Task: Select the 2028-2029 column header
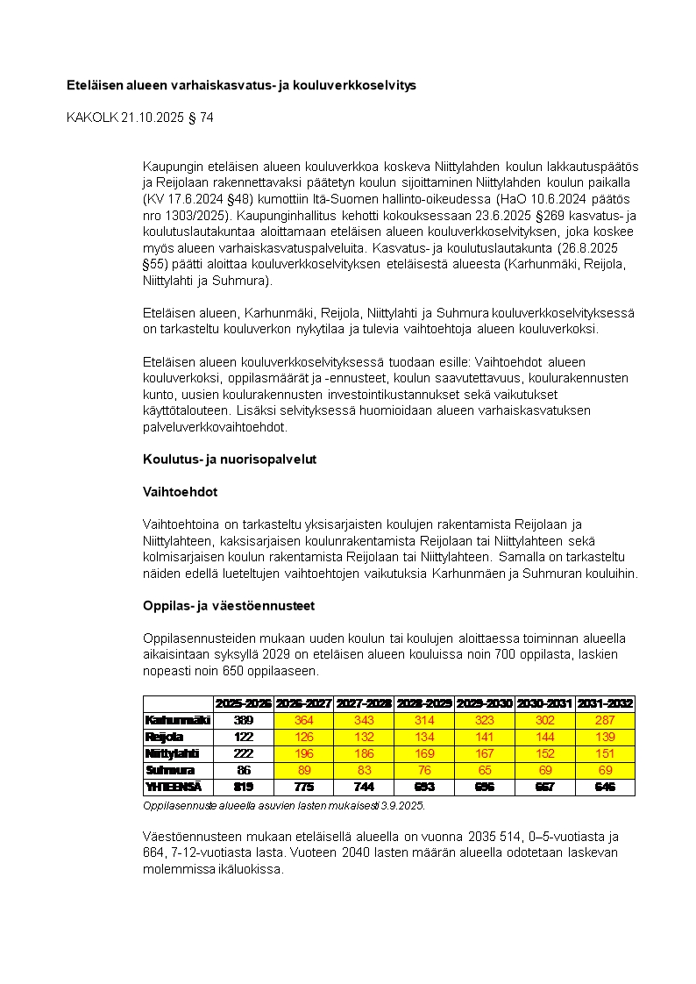pyautogui.click(x=424, y=703)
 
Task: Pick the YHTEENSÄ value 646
pyautogui.click(x=605, y=787)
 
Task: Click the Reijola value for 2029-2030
pyautogui.click(x=485, y=737)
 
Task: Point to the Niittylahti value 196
pyautogui.click(x=304, y=753)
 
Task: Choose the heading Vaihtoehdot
pyautogui.click(x=181, y=493)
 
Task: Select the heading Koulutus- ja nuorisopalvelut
pyautogui.click(x=230, y=460)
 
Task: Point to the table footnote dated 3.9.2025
pyautogui.click(x=283, y=805)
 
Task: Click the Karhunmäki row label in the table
pyautogui.click(x=177, y=720)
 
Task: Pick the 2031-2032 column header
pyautogui.click(x=605, y=703)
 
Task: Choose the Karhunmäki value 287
pyautogui.click(x=605, y=720)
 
